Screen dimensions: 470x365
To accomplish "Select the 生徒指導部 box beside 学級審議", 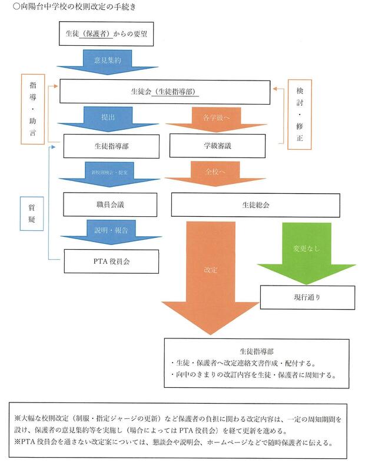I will coord(111,145).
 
